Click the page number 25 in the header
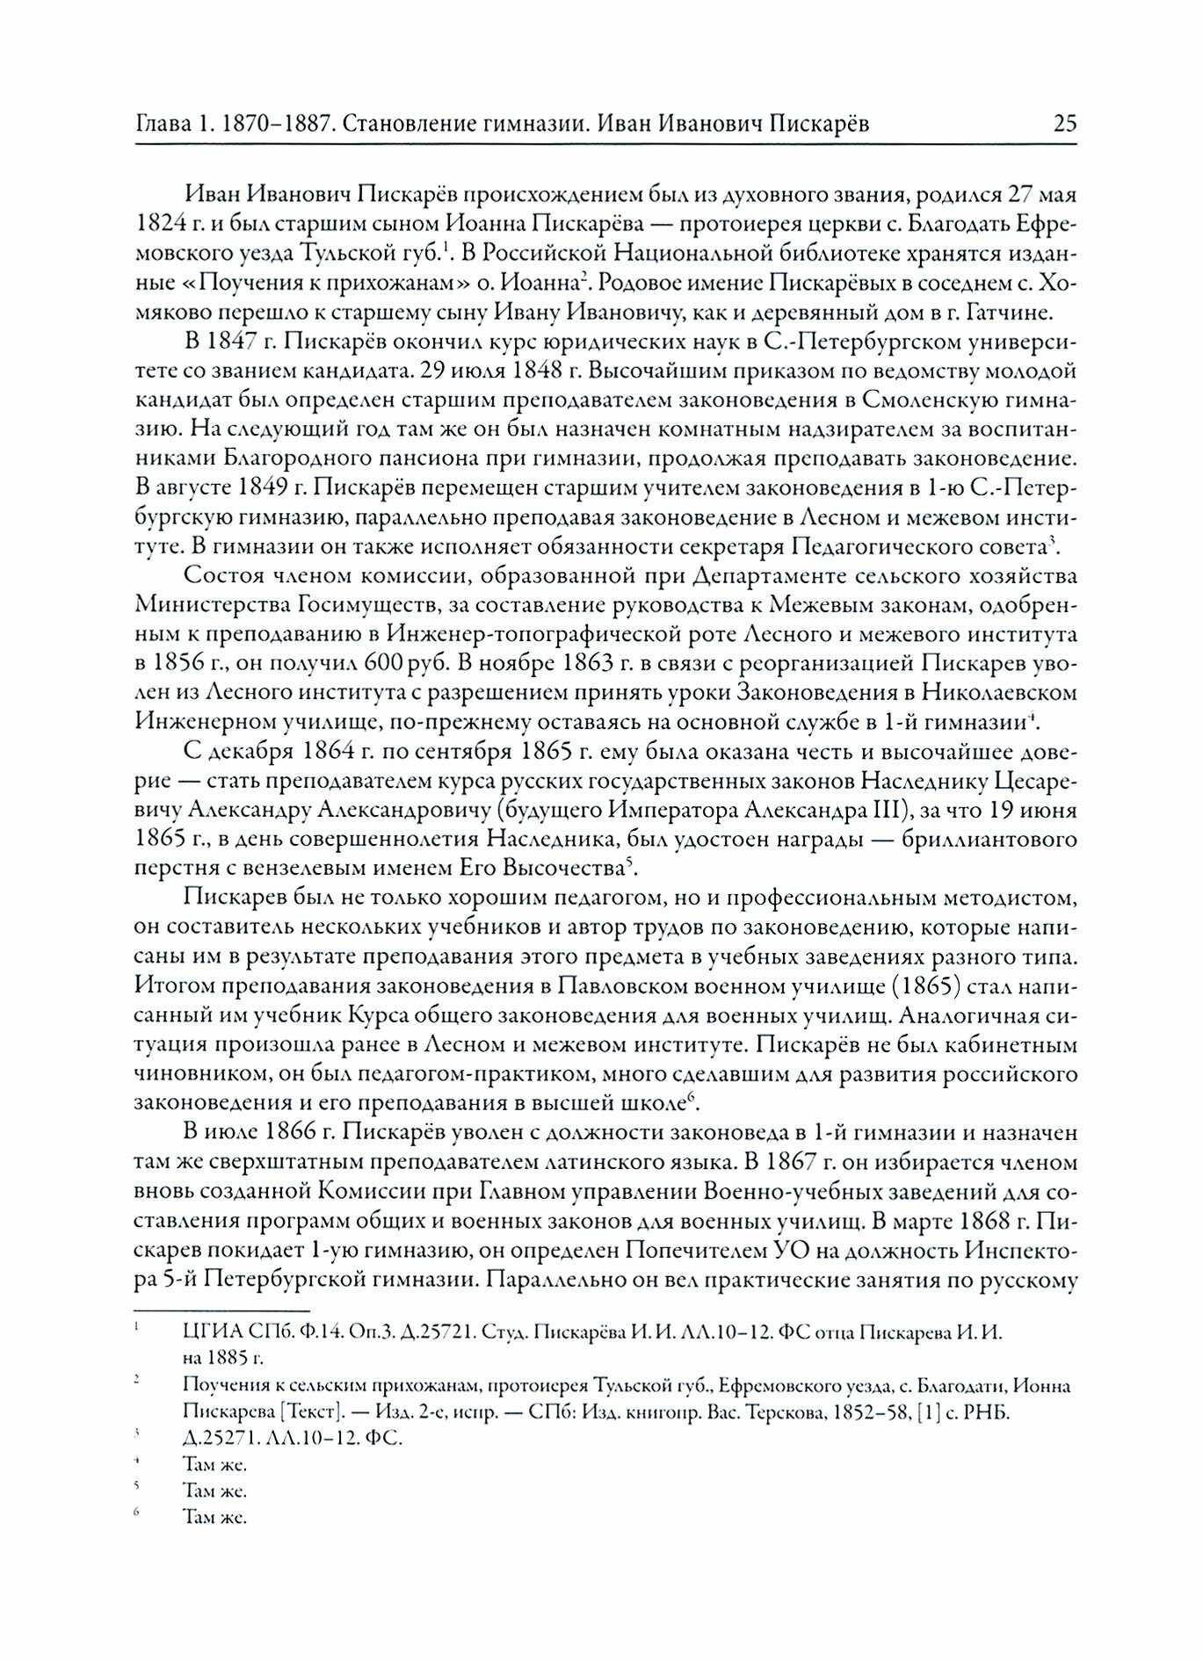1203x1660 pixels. [1064, 123]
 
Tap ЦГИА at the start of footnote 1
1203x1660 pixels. [205, 1332]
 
